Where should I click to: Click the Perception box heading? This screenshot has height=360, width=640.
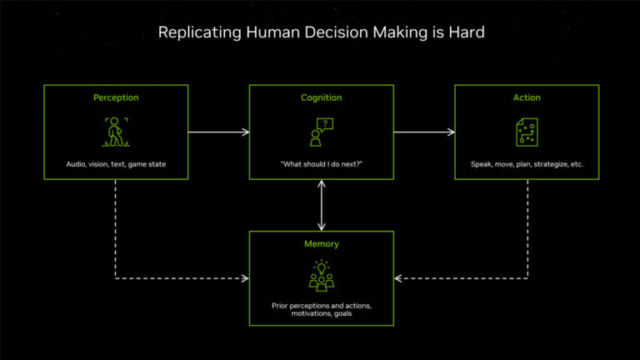pyautogui.click(x=116, y=97)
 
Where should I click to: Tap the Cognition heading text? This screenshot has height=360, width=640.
pyautogui.click(x=321, y=97)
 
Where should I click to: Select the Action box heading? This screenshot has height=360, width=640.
pyautogui.click(x=527, y=97)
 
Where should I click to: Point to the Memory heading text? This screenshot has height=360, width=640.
pyautogui.click(x=321, y=244)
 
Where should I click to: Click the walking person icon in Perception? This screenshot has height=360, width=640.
pyautogui.click(x=116, y=131)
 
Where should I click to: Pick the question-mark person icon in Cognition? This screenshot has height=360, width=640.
pyautogui.click(x=321, y=132)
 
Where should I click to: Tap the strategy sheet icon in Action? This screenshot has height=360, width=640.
pyautogui.click(x=527, y=132)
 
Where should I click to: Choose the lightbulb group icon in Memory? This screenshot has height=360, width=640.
pyautogui.click(x=321, y=276)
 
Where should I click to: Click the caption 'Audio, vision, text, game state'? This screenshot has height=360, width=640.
pyautogui.click(x=116, y=164)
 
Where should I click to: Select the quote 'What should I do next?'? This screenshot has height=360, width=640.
pyautogui.click(x=321, y=164)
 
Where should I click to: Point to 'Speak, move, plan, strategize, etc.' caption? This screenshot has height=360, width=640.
pyautogui.click(x=527, y=164)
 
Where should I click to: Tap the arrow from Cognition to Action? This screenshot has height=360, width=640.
pyautogui.click(x=424, y=132)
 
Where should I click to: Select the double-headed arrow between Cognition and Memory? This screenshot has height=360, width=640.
pyautogui.click(x=322, y=205)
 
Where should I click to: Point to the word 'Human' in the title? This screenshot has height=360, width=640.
pyautogui.click(x=262, y=33)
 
